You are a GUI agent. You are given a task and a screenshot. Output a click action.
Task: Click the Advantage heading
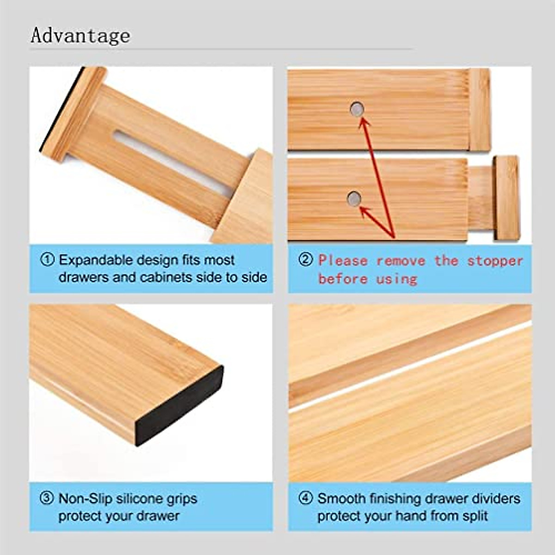(80, 36)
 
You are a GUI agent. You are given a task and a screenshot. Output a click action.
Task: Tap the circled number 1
(47, 259)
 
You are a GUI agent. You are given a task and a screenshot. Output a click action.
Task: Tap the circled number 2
(305, 260)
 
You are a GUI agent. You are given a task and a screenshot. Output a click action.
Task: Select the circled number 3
(47, 499)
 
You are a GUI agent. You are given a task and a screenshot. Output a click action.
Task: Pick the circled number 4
(305, 499)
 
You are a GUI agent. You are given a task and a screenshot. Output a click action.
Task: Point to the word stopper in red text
(495, 260)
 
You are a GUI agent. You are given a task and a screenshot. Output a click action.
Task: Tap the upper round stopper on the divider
(357, 110)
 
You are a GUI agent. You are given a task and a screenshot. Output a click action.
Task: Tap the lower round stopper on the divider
(354, 199)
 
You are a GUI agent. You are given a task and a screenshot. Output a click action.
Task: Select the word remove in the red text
(401, 260)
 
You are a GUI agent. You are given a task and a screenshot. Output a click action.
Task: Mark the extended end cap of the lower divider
(506, 197)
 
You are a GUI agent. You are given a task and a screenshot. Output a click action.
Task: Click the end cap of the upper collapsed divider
(480, 110)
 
